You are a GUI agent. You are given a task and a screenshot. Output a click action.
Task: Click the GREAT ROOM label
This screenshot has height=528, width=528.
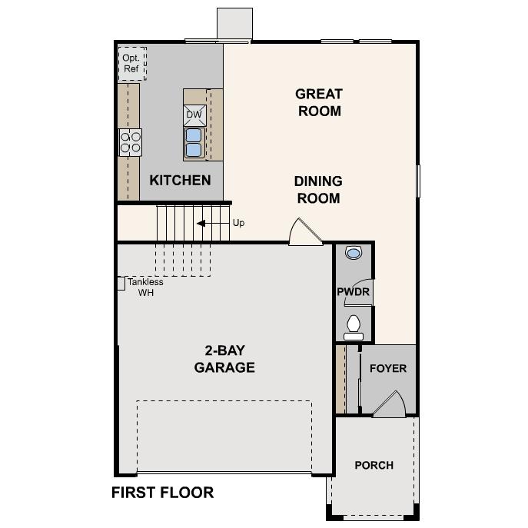319,102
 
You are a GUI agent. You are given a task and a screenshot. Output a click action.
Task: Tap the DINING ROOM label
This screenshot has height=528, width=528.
318,190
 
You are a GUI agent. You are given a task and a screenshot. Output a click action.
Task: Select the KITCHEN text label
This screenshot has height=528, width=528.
180,181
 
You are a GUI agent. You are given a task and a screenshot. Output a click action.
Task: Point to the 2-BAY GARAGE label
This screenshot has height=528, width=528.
224,358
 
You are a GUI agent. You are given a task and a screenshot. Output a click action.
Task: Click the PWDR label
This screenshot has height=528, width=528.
353,292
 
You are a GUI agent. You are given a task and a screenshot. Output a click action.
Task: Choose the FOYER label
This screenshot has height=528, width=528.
388,368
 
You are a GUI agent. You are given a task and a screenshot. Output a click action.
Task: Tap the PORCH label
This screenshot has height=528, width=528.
374,465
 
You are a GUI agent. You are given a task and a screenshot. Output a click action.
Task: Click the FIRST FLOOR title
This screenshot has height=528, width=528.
163,493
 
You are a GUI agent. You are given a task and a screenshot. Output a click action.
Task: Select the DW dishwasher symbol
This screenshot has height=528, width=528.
194,115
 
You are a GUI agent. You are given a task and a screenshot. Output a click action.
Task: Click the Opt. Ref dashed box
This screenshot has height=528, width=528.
131,62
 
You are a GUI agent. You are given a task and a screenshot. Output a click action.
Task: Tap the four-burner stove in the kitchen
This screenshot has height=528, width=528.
130,142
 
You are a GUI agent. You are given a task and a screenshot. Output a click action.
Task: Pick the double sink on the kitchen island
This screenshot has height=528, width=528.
194,142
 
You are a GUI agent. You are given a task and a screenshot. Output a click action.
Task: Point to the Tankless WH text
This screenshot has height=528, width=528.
144,287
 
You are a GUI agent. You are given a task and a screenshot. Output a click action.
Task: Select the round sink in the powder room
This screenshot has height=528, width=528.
354,252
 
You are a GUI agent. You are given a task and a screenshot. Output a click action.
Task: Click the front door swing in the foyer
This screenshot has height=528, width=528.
391,404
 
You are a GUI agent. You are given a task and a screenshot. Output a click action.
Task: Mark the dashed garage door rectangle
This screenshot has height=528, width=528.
224,435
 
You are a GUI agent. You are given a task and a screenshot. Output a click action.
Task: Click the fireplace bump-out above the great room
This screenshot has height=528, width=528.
234,23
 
